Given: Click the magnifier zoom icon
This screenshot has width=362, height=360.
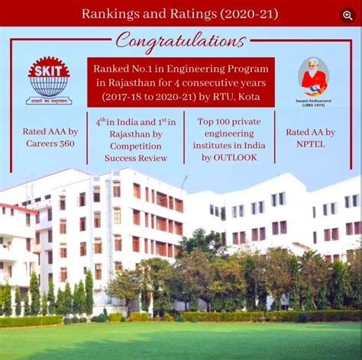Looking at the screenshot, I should click(x=347, y=14).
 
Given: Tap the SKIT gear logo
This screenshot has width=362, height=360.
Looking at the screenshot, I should click(x=49, y=76).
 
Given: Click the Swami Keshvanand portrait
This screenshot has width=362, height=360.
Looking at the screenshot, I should click(x=314, y=77).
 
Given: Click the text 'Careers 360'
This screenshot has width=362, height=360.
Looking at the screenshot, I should click(x=52, y=143).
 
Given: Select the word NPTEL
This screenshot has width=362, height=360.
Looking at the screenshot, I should click(x=311, y=143).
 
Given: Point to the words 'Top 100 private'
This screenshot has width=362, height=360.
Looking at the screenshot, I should click(x=229, y=121).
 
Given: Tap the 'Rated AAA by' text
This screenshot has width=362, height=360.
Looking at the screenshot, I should click(x=52, y=131).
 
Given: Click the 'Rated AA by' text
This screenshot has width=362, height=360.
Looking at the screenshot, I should click(x=310, y=132).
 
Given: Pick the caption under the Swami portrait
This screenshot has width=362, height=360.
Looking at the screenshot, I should click(x=312, y=102).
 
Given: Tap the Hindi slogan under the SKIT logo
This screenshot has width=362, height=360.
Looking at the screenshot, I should click(x=49, y=101).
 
